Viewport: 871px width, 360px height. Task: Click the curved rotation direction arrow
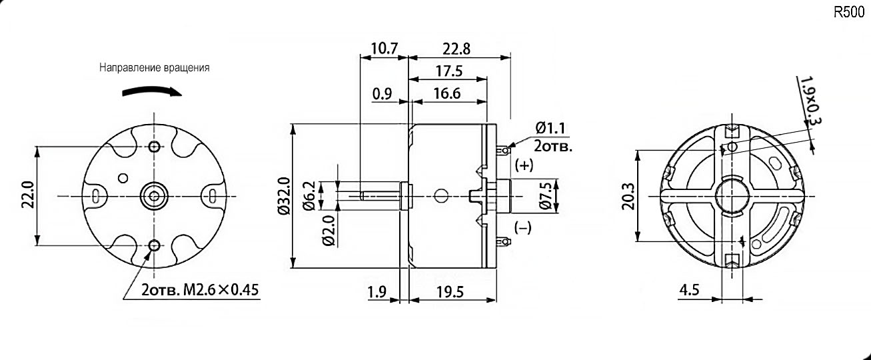152,91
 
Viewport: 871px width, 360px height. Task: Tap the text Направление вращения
155,68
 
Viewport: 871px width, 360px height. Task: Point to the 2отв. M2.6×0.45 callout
200,290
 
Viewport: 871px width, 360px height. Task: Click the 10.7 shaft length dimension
385,49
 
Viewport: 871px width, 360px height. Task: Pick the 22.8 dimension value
456,49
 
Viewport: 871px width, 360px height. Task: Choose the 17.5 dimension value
450,71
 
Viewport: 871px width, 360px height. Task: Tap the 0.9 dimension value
382,93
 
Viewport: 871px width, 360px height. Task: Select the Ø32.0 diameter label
283,195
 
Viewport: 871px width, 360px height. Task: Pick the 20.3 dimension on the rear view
627,196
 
